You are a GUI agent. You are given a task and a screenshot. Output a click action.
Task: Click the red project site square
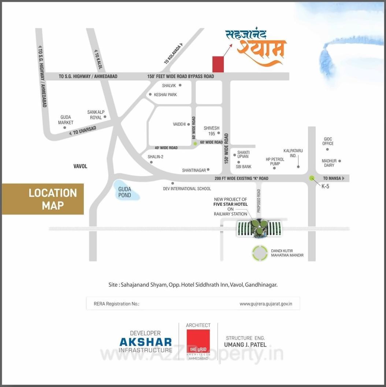point(219,64)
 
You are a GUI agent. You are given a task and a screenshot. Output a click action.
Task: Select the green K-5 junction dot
point(312,178)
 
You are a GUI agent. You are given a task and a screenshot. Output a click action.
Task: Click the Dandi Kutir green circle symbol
point(260,253)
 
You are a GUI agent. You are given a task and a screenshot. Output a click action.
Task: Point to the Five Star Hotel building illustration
point(259,227)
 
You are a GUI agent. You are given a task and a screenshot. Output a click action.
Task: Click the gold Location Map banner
point(43,199)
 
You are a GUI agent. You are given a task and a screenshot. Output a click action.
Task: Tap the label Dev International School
point(187,189)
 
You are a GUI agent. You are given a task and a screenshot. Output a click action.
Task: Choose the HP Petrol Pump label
point(275,161)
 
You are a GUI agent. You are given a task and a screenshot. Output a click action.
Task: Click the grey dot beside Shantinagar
point(208,169)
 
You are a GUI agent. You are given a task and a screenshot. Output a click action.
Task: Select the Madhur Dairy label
point(329,163)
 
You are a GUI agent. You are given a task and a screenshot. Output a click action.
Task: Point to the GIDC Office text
point(328,141)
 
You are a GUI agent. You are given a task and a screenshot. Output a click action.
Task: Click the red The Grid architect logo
point(198,341)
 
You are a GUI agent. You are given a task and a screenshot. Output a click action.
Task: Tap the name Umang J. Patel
point(245,344)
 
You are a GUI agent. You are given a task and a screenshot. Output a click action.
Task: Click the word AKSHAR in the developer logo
point(145,342)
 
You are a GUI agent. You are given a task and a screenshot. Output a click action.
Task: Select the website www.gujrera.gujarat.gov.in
point(266,304)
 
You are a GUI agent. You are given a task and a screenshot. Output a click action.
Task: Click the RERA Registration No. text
point(116,304)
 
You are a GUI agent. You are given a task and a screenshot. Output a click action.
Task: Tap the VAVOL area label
point(80,166)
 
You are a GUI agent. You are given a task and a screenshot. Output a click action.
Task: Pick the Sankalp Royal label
point(96,115)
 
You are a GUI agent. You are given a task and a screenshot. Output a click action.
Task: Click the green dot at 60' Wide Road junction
point(195,143)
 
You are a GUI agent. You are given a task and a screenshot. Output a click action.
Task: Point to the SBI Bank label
point(244,167)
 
